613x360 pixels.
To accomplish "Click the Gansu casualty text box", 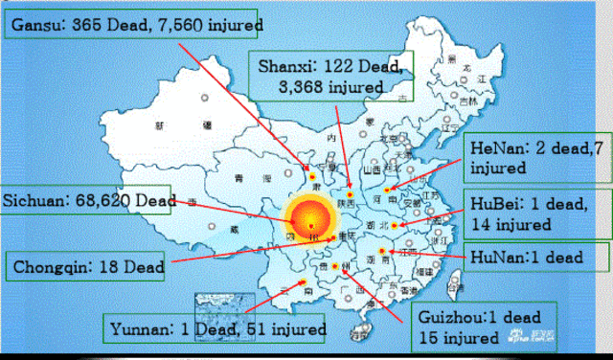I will [135, 21].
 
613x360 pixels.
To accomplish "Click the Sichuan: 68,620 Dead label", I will [87, 202].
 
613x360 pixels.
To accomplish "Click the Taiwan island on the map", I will [456, 284].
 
